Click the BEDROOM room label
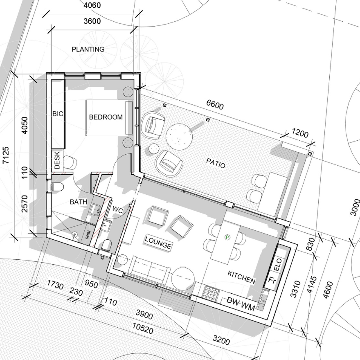106,117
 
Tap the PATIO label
216,163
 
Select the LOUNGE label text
158,243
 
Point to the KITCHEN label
241,277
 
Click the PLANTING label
88,49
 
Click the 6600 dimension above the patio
215,104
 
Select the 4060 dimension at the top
92,5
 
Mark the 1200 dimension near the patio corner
300,133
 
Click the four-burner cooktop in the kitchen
211,293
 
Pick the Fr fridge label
272,280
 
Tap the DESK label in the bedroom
57,160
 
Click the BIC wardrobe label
58,114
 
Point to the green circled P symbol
227,237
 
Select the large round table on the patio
179,137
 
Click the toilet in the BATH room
57,187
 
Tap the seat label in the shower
88,235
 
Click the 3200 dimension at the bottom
221,340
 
